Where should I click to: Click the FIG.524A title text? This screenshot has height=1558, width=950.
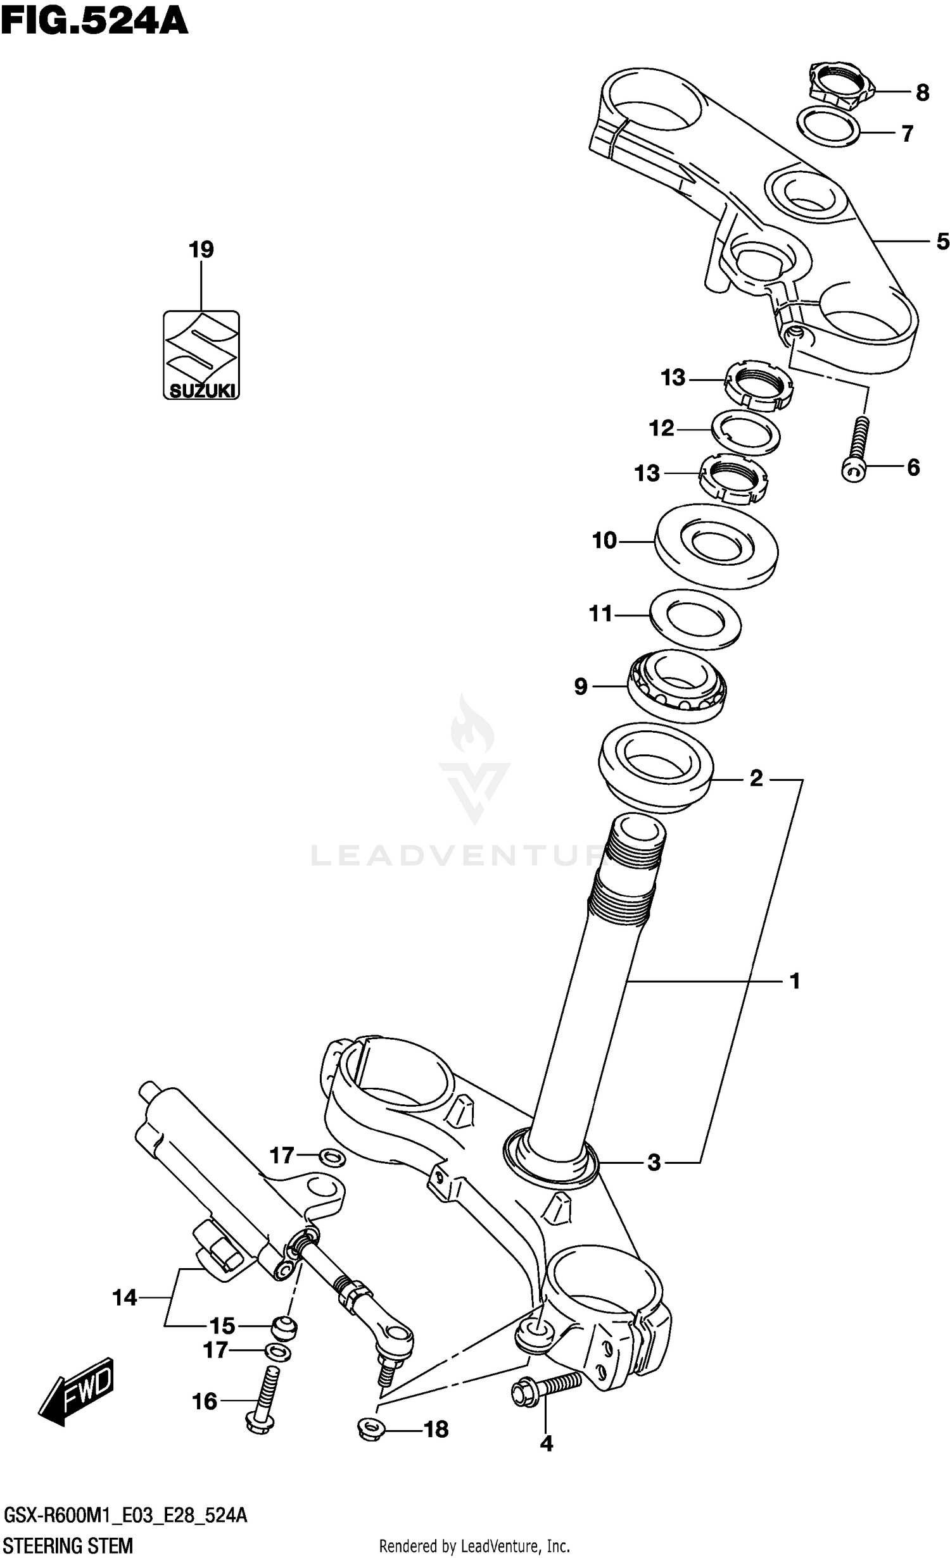[94, 22]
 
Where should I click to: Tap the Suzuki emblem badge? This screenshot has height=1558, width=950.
[201, 355]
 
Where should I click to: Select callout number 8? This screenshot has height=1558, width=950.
[922, 93]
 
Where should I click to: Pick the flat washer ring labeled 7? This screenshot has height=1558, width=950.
[828, 127]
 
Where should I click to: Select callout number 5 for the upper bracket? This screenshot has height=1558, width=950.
[942, 242]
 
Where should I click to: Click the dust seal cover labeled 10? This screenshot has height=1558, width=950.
[716, 546]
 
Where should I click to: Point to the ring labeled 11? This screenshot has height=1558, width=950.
[695, 620]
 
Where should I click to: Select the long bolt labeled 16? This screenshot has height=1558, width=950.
[264, 1395]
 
